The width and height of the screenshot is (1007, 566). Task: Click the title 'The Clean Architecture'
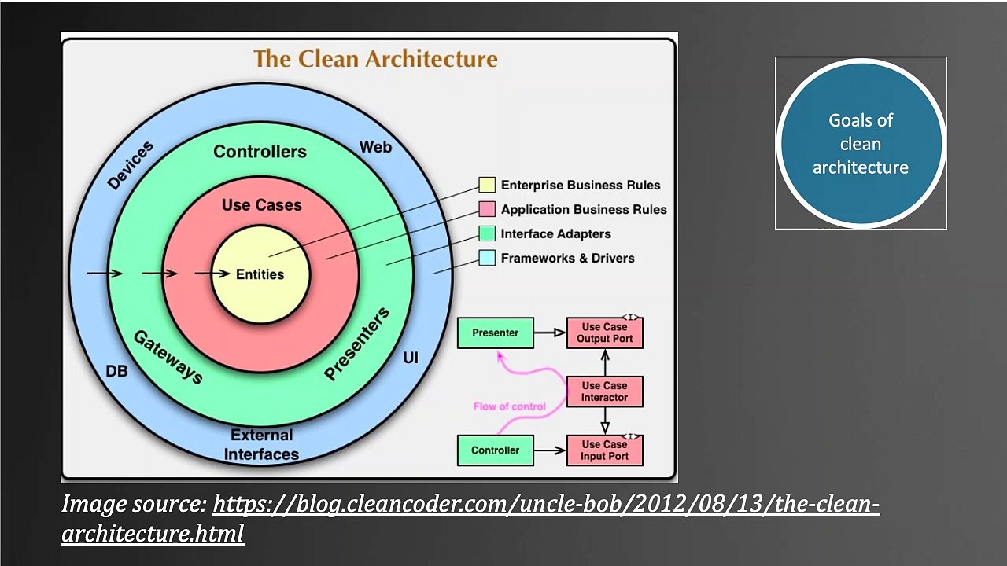click(375, 59)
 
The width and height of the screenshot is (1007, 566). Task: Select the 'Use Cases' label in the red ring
click(261, 205)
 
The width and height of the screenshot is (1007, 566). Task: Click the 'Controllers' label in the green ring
click(260, 151)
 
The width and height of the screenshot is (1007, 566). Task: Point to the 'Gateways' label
click(168, 357)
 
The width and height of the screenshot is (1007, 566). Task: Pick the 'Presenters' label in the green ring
click(356, 344)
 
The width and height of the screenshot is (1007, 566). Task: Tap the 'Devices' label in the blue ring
click(131, 166)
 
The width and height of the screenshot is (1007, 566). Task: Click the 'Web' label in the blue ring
click(375, 147)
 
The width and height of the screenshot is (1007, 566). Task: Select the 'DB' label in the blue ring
click(116, 371)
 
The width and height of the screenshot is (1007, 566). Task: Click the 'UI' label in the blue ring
click(411, 358)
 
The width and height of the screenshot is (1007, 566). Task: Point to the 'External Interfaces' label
click(261, 445)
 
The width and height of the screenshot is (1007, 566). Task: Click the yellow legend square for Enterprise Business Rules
click(487, 185)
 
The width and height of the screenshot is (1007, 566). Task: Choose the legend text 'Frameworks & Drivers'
click(567, 258)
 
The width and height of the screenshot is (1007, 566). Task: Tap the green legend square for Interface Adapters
click(487, 233)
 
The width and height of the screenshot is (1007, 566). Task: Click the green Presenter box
click(496, 333)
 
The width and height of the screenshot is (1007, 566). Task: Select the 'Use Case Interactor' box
click(604, 391)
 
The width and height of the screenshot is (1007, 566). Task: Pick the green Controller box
click(496, 450)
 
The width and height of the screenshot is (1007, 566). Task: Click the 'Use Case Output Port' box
click(604, 333)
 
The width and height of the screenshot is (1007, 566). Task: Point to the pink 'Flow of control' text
click(509, 406)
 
